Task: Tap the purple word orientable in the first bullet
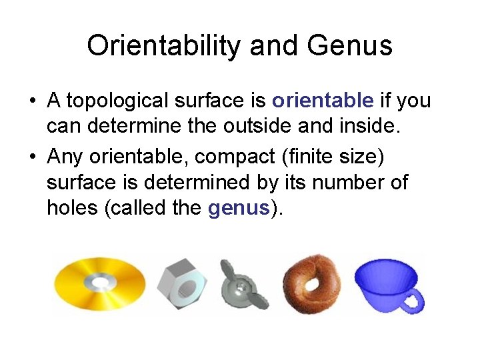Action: pos(323,101)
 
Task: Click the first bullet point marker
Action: pos(32,102)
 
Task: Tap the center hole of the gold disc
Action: pos(101,283)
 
